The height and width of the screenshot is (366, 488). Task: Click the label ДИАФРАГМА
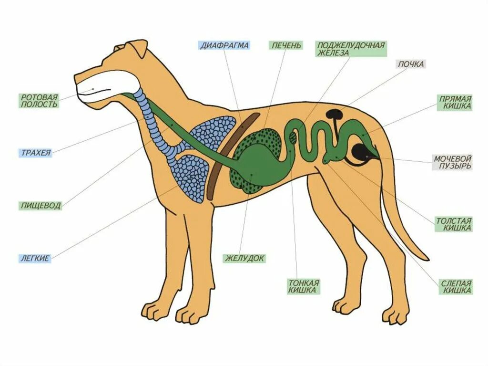224,46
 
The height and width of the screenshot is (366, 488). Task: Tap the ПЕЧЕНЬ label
286,46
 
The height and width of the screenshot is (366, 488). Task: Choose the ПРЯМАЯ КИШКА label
455,103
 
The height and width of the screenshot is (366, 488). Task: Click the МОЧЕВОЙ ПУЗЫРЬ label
452,162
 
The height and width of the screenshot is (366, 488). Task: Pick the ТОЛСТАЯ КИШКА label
453,224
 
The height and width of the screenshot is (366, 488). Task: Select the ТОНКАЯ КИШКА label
303,286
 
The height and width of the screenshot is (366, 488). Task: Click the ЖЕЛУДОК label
244,258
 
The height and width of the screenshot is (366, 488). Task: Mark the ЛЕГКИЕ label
35,258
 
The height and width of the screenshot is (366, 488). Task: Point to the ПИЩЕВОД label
41,206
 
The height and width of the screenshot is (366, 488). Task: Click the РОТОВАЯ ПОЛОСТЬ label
39,100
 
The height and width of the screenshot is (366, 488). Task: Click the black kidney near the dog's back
334,115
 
